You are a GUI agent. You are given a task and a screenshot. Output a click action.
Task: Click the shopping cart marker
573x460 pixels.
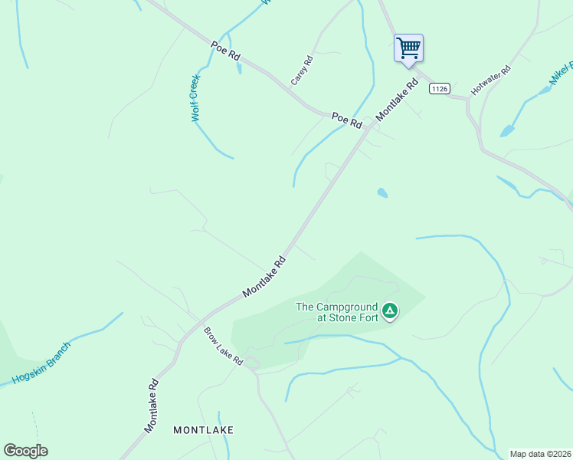pyautogui.click(x=408, y=48)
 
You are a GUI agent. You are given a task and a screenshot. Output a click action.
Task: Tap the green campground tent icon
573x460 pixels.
pyautogui.click(x=390, y=310)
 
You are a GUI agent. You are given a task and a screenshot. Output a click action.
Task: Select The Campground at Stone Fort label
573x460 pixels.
pyautogui.click(x=338, y=313)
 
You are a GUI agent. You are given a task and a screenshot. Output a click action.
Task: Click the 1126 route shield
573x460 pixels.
pyautogui.click(x=439, y=89)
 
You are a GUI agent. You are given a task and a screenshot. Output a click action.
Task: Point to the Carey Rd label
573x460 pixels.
pyautogui.click(x=302, y=70)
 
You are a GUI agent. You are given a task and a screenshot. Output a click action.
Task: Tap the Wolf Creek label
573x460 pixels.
pyautogui.click(x=195, y=98)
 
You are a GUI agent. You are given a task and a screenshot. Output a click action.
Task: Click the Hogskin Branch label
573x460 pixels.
pyautogui.click(x=41, y=363)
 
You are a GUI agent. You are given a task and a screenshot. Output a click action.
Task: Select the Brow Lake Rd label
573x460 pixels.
pyautogui.click(x=223, y=347)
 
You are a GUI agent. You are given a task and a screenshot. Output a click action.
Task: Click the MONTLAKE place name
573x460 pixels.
pyautogui.click(x=203, y=430)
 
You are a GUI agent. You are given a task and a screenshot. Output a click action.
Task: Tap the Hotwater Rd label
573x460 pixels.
pyautogui.click(x=490, y=80)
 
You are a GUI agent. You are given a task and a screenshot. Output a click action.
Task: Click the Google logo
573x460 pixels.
pyautogui.click(x=26, y=451)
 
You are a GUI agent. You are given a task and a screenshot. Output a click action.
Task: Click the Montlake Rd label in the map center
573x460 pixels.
pyautogui.click(x=264, y=277)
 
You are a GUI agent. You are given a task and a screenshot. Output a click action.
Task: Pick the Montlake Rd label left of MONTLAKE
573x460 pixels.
pyautogui.click(x=150, y=403)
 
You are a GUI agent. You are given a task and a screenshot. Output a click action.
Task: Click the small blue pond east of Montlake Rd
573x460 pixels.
pyautogui.click(x=382, y=192)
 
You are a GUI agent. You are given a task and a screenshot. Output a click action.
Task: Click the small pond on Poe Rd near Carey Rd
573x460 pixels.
pyautogui.click(x=239, y=68)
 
